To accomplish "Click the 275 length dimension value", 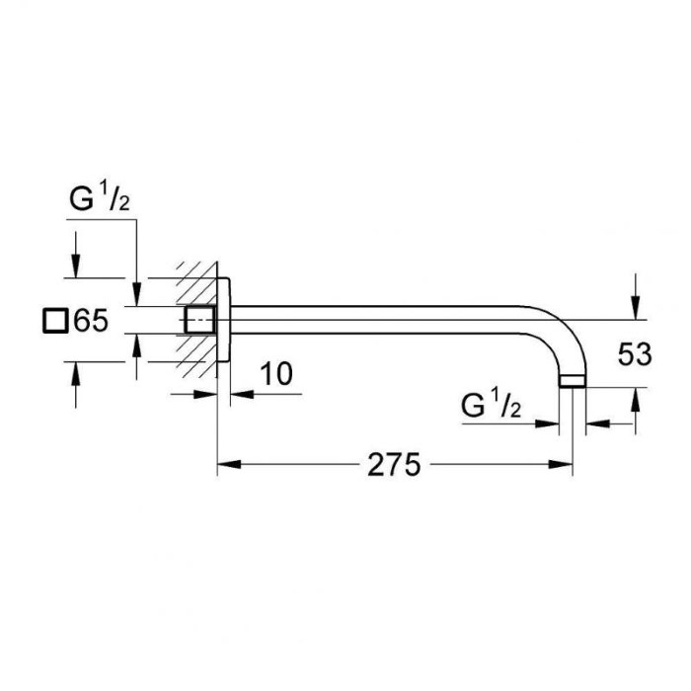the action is coord(394,465).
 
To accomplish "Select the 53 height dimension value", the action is coord(635,354).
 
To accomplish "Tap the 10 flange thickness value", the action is coord(276,374).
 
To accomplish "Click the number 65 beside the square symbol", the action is coord(91,321).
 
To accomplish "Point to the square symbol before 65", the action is coord(55,321).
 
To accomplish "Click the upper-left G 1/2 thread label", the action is coord(100,197).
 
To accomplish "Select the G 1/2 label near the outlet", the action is coord(491,405).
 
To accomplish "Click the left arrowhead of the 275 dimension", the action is coord(229,464).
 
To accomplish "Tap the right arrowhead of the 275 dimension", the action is coord(561,464).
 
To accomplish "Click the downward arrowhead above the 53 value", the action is coord(635,308).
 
